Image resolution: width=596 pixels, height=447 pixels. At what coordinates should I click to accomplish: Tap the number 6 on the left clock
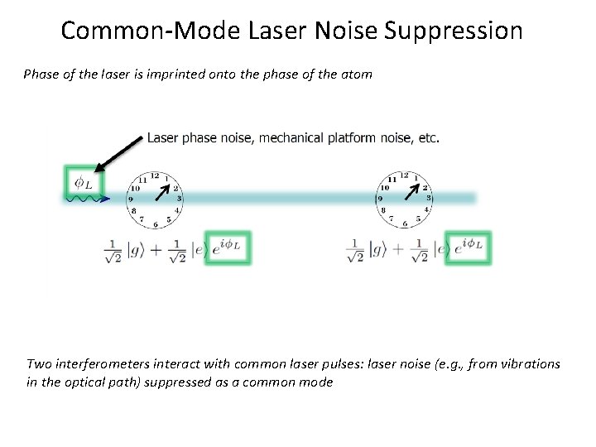[155, 224]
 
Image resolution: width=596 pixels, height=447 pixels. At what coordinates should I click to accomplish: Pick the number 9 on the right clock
[380, 199]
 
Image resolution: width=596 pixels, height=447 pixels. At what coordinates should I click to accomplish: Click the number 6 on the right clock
[405, 224]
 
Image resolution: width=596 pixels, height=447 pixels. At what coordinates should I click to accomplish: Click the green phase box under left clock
[227, 246]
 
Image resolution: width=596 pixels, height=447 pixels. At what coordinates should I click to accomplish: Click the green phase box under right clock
[468, 246]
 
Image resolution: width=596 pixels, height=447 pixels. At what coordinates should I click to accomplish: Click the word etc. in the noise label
[427, 137]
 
